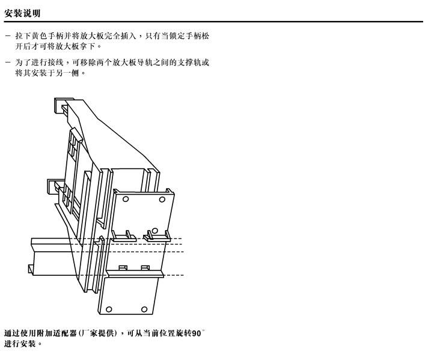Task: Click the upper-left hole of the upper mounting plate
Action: click(125, 198)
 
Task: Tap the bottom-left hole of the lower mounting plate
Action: click(109, 310)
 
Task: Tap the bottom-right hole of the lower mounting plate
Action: click(144, 310)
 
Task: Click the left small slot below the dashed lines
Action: click(122, 267)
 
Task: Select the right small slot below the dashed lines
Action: click(144, 267)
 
